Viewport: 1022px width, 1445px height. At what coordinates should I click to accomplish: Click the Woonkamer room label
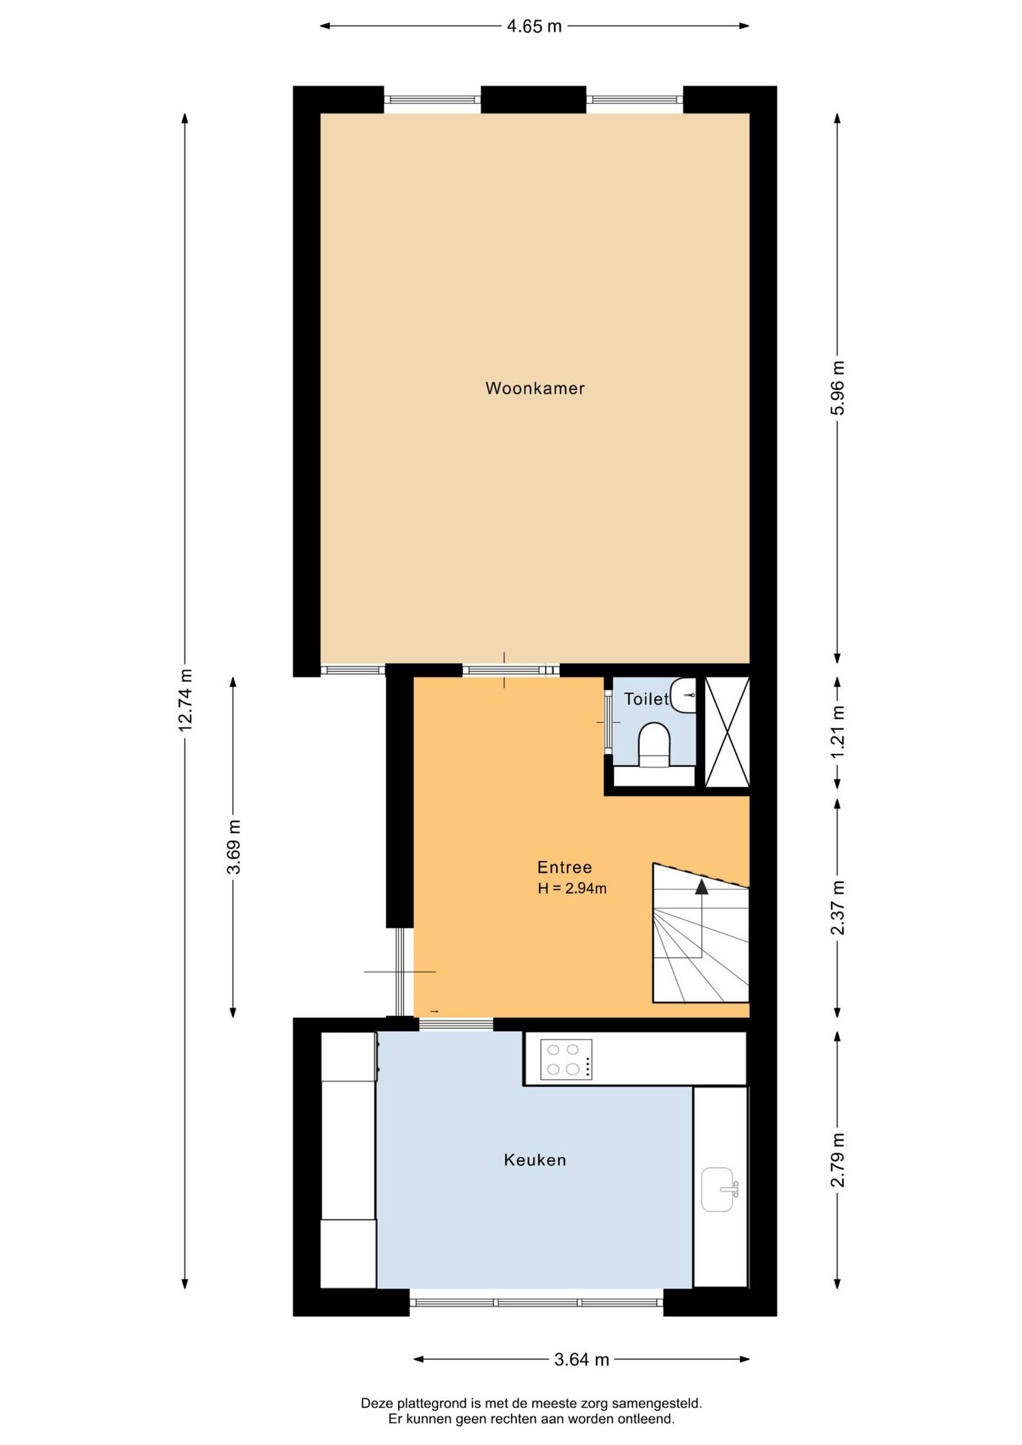tap(535, 388)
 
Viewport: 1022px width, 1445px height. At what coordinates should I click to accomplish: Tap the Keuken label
tap(535, 1160)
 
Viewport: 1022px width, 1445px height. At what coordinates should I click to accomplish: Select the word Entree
tap(564, 867)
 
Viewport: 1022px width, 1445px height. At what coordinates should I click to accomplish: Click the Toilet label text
tap(646, 699)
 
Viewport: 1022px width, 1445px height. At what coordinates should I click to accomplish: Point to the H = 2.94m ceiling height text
tap(572, 888)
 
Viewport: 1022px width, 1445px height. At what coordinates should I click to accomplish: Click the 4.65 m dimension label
tap(534, 26)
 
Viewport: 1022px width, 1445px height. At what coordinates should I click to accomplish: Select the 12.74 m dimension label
tap(185, 700)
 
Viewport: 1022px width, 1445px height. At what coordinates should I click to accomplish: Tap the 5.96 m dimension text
tap(838, 388)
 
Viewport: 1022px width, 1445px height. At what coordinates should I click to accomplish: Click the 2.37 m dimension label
tap(838, 908)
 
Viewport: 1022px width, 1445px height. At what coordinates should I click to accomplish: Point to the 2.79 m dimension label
tap(838, 1160)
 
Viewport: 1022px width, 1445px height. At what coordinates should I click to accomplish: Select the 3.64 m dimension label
tap(582, 1359)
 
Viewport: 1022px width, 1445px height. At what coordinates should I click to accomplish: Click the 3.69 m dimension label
tap(233, 847)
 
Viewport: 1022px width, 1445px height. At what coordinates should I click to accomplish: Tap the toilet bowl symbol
tap(654, 745)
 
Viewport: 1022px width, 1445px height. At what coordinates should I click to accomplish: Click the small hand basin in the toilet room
tap(683, 695)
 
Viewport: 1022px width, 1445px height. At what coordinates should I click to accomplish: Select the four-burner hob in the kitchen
tap(566, 1060)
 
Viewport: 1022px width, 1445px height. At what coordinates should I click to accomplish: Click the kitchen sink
tap(719, 1190)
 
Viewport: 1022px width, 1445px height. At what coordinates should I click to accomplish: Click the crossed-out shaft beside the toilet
tap(727, 732)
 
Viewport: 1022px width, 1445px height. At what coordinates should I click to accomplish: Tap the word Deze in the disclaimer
tap(377, 1403)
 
